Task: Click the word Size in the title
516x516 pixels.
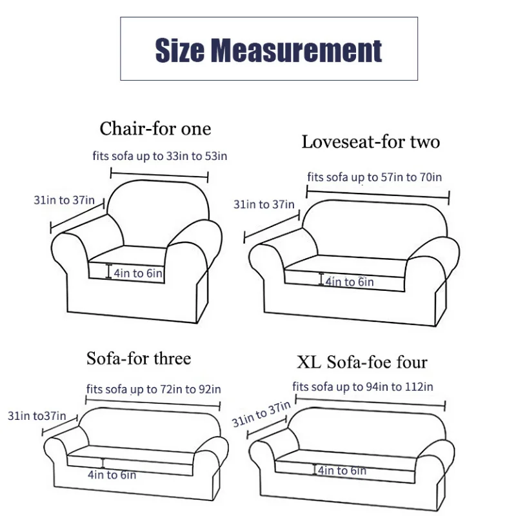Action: coord(180,50)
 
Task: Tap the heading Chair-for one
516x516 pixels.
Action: coord(155,128)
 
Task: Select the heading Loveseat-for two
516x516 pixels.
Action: coord(370,142)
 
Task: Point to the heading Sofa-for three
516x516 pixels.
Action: coord(139,358)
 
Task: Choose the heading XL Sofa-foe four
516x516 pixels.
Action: coord(362,362)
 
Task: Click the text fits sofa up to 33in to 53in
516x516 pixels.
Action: coord(159,156)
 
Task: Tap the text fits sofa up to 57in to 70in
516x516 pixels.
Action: coord(375,177)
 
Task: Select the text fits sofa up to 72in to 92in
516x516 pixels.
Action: coord(154,390)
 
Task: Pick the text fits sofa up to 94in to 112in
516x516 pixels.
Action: coord(362,386)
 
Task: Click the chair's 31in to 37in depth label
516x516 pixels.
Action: coord(64,200)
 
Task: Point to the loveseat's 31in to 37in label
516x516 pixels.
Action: coord(264,204)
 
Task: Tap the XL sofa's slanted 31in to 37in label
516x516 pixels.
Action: coord(261,413)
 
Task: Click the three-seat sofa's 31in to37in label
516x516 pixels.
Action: coord(37,416)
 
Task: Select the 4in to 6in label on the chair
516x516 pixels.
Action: coord(138,273)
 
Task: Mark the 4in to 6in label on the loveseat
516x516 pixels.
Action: coord(350,282)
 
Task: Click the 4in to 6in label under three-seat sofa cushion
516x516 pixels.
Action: coord(112,475)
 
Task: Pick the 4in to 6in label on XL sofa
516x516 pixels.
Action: coord(342,471)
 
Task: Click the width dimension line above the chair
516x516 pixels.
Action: coord(159,175)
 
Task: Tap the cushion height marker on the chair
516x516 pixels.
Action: coord(108,271)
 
